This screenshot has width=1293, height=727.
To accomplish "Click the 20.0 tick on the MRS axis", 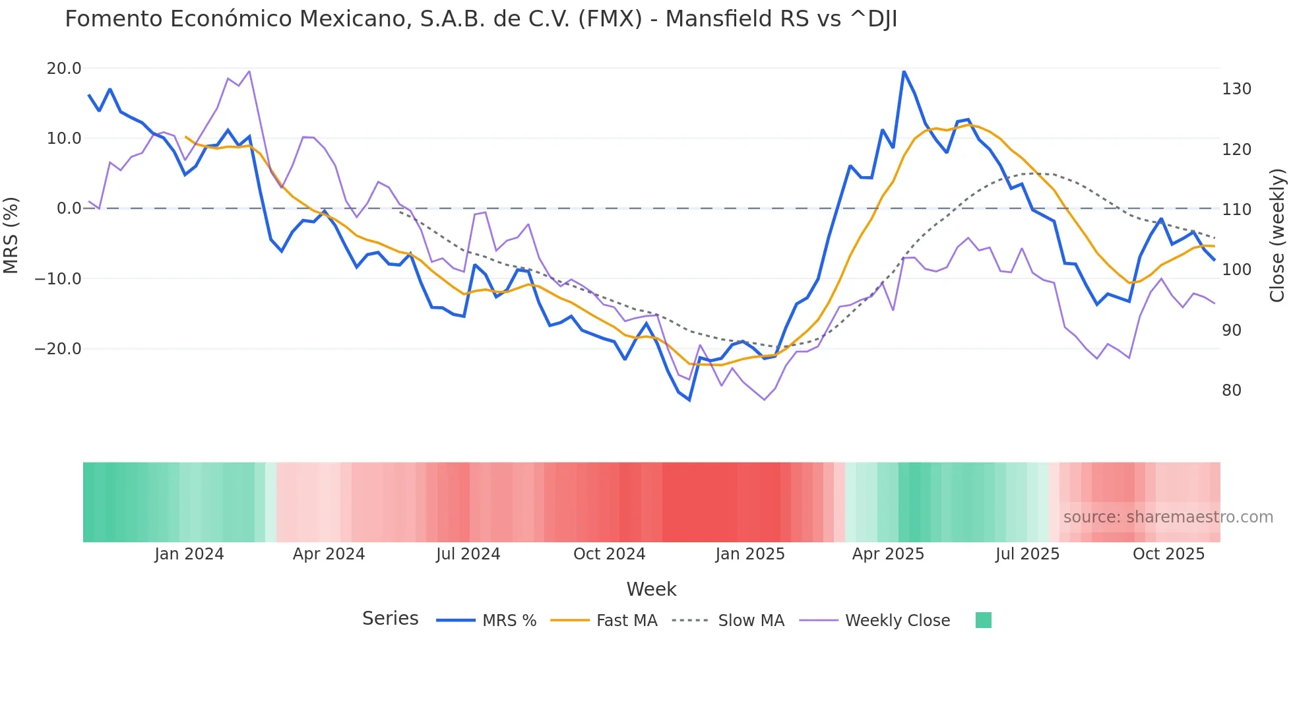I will (63, 69).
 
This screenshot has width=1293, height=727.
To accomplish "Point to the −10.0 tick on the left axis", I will (58, 278).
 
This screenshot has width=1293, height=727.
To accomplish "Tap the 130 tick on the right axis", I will (1236, 89).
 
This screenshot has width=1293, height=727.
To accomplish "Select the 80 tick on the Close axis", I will (1231, 391).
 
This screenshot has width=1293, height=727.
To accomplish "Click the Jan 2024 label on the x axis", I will (189, 554).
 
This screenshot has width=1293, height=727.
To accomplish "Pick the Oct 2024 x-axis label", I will (609, 554).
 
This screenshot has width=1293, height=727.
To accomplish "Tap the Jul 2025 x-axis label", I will (1027, 554).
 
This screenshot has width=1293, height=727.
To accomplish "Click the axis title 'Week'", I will (651, 589).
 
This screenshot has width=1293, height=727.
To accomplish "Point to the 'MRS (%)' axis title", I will (11, 236).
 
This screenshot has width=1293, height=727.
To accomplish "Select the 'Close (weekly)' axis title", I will (1278, 236).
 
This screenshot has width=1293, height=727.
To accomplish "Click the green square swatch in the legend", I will (983, 620).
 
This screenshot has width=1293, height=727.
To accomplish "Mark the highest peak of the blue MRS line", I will (904, 71).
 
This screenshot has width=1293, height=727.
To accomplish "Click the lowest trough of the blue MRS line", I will (689, 400).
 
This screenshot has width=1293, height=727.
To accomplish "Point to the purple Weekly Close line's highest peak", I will (249, 71).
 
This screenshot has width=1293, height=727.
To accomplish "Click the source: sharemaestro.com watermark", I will (1168, 517).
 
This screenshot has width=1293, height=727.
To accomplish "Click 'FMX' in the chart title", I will (610, 19).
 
